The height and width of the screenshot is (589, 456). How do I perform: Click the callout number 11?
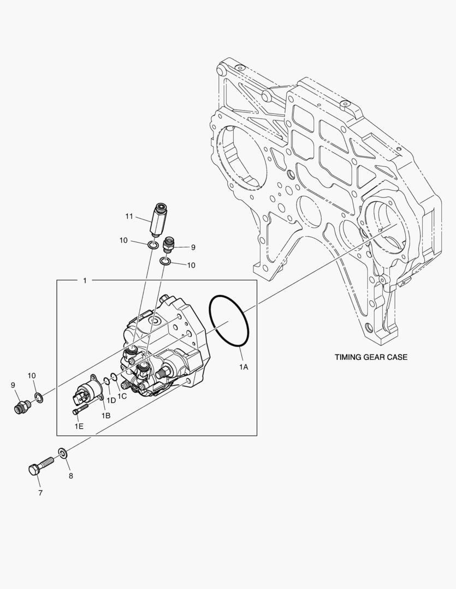pos(129,217)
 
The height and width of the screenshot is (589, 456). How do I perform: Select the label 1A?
pos(244,367)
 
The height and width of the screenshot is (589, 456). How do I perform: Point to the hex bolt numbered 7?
pos(39,467)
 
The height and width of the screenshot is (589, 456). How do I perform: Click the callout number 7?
pos(40,493)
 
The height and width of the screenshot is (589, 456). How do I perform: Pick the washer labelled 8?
pos(62,453)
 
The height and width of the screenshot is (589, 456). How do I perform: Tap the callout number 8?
pos(70,476)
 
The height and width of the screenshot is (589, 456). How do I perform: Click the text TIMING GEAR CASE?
pos(371,358)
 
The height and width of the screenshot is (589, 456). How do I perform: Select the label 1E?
pos(79,426)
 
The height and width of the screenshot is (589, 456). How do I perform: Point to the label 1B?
pos(105,416)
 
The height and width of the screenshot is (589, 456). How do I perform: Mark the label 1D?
pos(111,401)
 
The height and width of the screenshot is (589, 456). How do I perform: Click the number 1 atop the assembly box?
pos(85,280)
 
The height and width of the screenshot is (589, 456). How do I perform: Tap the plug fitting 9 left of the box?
pos(22,406)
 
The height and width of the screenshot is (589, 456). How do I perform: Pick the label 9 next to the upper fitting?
pos(193,247)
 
